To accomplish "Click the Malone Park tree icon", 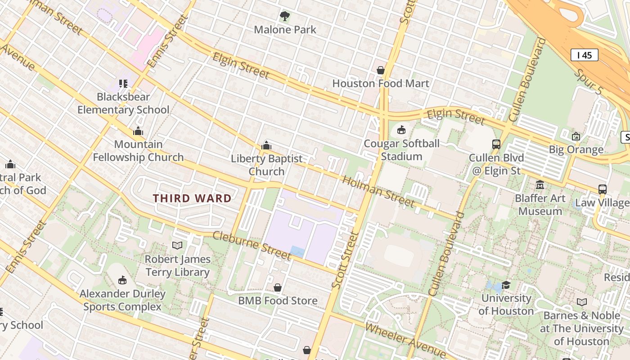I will [285, 17].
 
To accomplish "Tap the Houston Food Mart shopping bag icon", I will [381, 70].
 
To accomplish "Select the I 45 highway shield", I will [584, 55].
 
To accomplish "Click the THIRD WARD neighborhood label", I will [192, 198].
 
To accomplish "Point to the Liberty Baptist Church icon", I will [266, 145].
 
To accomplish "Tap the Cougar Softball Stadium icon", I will [401, 130].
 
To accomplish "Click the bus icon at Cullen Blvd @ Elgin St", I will [496, 144].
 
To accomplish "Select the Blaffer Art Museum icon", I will [540, 184].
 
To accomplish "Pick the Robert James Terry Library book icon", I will [177, 245].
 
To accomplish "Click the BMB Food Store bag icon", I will [278, 287].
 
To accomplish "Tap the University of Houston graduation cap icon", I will [506, 285].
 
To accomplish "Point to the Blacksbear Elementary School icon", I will [123, 83].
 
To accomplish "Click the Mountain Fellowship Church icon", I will [138, 131].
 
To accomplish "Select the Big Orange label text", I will [576, 149].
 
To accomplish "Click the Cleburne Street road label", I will [252, 245].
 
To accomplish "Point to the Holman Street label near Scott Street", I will [378, 191].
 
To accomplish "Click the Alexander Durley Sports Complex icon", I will [122, 280].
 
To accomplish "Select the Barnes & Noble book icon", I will [581, 302].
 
